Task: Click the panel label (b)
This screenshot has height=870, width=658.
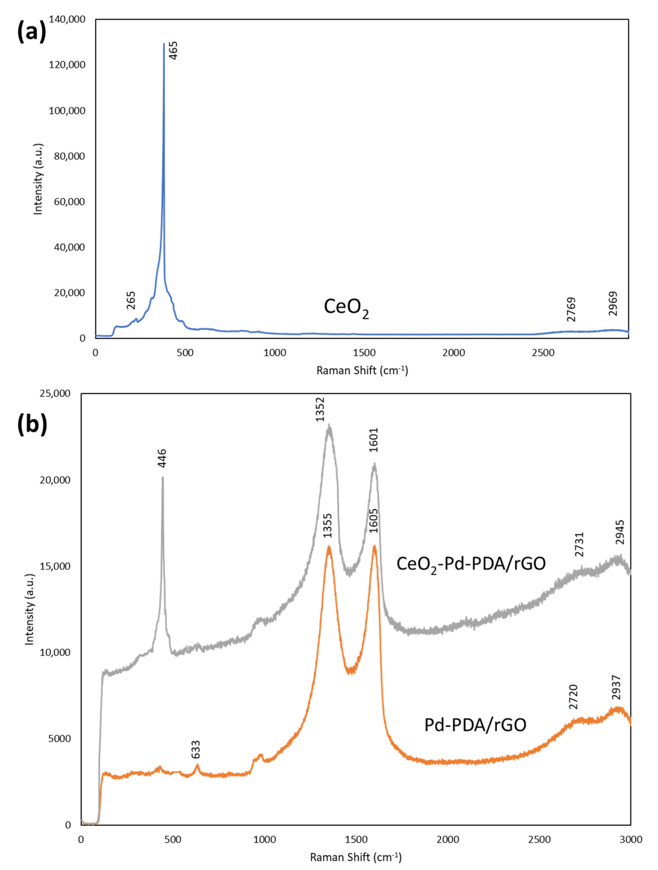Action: [32, 425]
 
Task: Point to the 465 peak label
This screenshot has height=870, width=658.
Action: [173, 50]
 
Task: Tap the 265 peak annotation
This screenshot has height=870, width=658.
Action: [131, 300]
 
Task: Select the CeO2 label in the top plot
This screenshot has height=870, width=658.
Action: [346, 307]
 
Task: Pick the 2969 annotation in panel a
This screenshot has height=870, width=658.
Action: [613, 304]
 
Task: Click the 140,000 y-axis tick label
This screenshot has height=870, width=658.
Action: [67, 19]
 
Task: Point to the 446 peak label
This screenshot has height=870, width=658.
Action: [162, 458]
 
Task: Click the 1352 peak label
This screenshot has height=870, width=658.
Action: [320, 410]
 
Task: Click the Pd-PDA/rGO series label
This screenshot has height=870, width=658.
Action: [475, 725]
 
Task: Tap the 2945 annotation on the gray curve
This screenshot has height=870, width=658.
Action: [620, 532]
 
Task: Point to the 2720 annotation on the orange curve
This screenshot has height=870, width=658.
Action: [573, 696]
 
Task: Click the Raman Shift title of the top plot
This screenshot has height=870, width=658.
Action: [362, 370]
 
